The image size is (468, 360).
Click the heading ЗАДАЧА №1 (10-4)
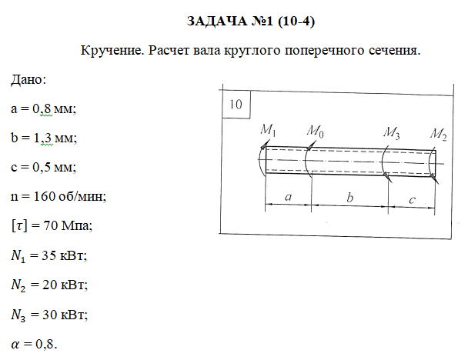click(x=251, y=22)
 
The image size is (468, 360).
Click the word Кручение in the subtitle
click(x=112, y=51)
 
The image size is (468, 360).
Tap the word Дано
click(x=28, y=80)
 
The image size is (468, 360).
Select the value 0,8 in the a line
click(x=42, y=108)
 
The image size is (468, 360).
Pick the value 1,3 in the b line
click(x=43, y=138)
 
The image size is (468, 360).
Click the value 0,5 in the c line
click(x=42, y=167)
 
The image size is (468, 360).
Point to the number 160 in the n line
click(x=44, y=196)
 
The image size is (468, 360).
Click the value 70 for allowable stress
click(x=51, y=225)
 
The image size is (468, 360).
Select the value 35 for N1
click(x=48, y=255)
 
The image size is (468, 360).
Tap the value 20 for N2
click(x=49, y=285)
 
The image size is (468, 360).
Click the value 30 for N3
click(x=49, y=315)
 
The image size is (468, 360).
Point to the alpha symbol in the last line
click(x=15, y=345)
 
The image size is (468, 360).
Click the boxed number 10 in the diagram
click(x=236, y=105)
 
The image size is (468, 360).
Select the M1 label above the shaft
click(x=268, y=130)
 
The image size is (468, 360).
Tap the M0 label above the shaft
click(x=315, y=132)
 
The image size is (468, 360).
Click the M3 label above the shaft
click(x=392, y=133)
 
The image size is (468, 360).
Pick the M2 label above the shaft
click(x=439, y=134)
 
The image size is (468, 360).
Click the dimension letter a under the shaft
click(x=288, y=197)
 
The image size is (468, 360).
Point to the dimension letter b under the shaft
click(x=349, y=198)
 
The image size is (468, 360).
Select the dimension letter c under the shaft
click(x=412, y=199)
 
